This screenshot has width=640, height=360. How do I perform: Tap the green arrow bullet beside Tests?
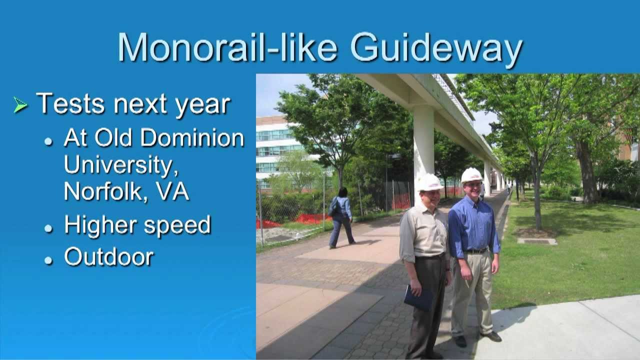click(x=20, y=104)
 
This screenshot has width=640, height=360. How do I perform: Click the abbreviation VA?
click(x=172, y=191)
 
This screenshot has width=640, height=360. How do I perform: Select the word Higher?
click(x=100, y=225)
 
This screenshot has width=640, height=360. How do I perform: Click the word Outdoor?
click(x=108, y=256)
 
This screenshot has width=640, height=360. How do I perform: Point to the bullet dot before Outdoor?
click(x=48, y=259)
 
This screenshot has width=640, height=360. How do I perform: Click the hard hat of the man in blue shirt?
click(x=471, y=175)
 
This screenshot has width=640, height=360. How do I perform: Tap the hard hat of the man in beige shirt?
click(x=429, y=182)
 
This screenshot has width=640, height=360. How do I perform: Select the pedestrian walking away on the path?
click(x=341, y=217)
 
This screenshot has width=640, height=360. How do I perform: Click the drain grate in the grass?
click(x=536, y=241)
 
